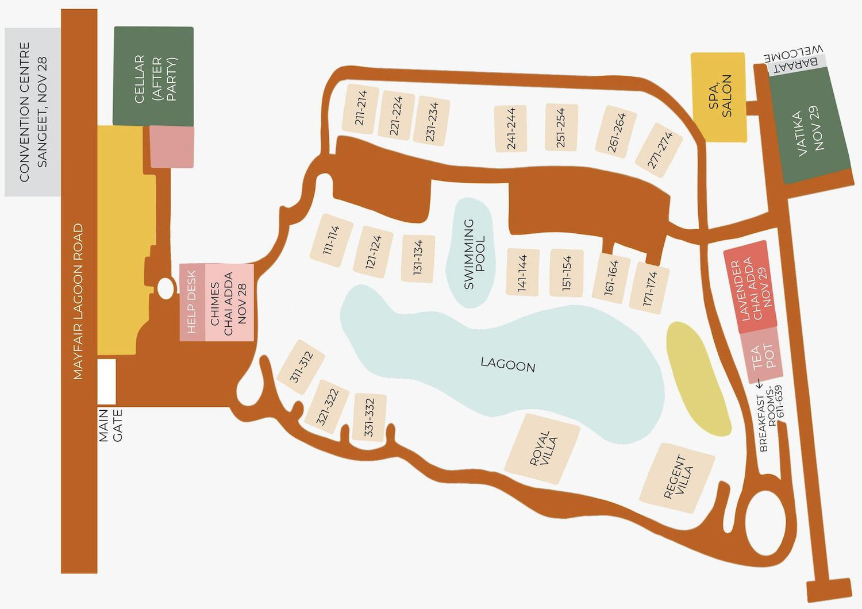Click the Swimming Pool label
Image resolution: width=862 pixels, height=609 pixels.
(x=474, y=254)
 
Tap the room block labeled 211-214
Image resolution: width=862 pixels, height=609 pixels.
(x=360, y=109)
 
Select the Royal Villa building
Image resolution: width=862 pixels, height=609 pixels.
(x=542, y=449)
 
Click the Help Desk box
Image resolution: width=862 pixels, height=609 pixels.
(x=193, y=302)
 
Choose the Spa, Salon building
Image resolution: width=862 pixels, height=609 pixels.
(x=719, y=97)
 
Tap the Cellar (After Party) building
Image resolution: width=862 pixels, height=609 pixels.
(x=153, y=76)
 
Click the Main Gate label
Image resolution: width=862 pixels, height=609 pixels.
(x=110, y=425)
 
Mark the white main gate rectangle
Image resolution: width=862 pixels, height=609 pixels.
(x=106, y=381)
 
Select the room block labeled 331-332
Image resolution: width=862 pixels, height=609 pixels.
(x=370, y=418)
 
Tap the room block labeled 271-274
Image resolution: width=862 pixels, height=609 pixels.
(x=659, y=151)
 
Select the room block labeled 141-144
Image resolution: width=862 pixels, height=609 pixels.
(x=522, y=272)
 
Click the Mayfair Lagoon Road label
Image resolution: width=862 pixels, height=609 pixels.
(x=79, y=302)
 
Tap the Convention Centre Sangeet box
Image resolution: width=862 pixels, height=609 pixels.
(x=33, y=112)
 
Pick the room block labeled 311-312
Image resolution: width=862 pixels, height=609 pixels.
(x=301, y=367)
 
